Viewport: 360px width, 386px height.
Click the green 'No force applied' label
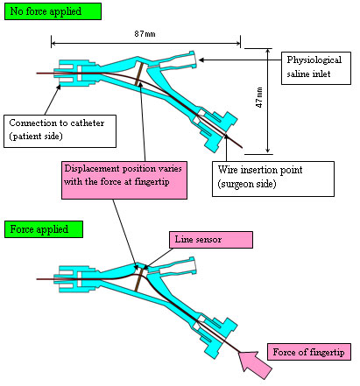(x=53, y=11)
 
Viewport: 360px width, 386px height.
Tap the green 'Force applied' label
(x=44, y=229)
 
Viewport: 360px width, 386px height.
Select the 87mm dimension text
(x=145, y=34)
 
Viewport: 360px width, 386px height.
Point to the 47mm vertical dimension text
(x=259, y=97)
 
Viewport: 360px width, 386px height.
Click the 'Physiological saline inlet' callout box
(x=316, y=68)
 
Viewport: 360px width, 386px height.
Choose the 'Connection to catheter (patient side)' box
(x=60, y=131)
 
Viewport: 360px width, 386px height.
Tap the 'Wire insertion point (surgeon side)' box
(x=273, y=179)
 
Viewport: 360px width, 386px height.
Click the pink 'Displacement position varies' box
(x=124, y=180)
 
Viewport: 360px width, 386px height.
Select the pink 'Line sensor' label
(x=211, y=240)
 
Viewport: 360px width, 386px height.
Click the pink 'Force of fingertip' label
(x=309, y=352)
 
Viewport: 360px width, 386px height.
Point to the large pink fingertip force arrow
(x=255, y=364)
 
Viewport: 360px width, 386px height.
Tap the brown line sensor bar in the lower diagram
(x=139, y=280)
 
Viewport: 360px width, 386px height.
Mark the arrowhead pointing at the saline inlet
(x=201, y=60)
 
